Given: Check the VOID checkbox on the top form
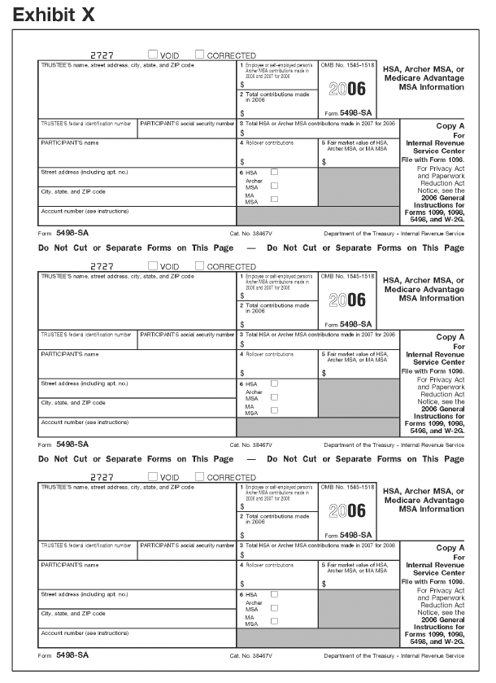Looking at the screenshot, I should (x=152, y=55).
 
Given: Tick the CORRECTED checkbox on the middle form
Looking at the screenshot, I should (x=200, y=265).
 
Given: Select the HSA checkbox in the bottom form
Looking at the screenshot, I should (x=274, y=593).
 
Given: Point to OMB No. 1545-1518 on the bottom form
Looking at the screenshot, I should (x=348, y=488).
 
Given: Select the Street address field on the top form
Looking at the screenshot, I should (x=137, y=177).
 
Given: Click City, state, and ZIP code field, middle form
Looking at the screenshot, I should (x=137, y=407).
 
